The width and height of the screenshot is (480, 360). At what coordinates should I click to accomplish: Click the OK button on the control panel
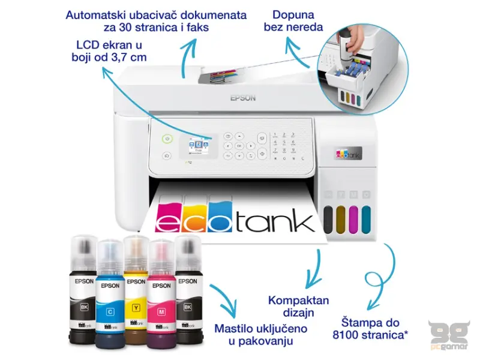tap(239, 146)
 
